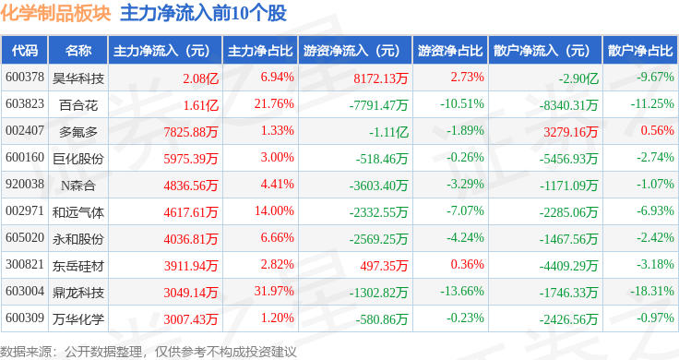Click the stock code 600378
click(x=25, y=78)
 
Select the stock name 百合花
click(x=78, y=105)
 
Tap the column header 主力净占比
click(x=260, y=51)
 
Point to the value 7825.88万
click(x=191, y=132)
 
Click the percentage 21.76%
click(x=274, y=104)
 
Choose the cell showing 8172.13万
click(x=381, y=78)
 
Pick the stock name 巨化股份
click(x=78, y=159)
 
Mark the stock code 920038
click(x=25, y=184)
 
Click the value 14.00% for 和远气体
click(x=274, y=211)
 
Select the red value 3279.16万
click(x=571, y=132)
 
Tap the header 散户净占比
click(x=640, y=51)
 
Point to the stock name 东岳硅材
click(x=78, y=266)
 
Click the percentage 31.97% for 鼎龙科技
click(x=274, y=291)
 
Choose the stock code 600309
click(x=25, y=318)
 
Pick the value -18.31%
click(x=651, y=291)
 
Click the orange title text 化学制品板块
click(x=55, y=13)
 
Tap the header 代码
click(x=25, y=51)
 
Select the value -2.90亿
click(x=578, y=78)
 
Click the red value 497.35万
click(x=384, y=266)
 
